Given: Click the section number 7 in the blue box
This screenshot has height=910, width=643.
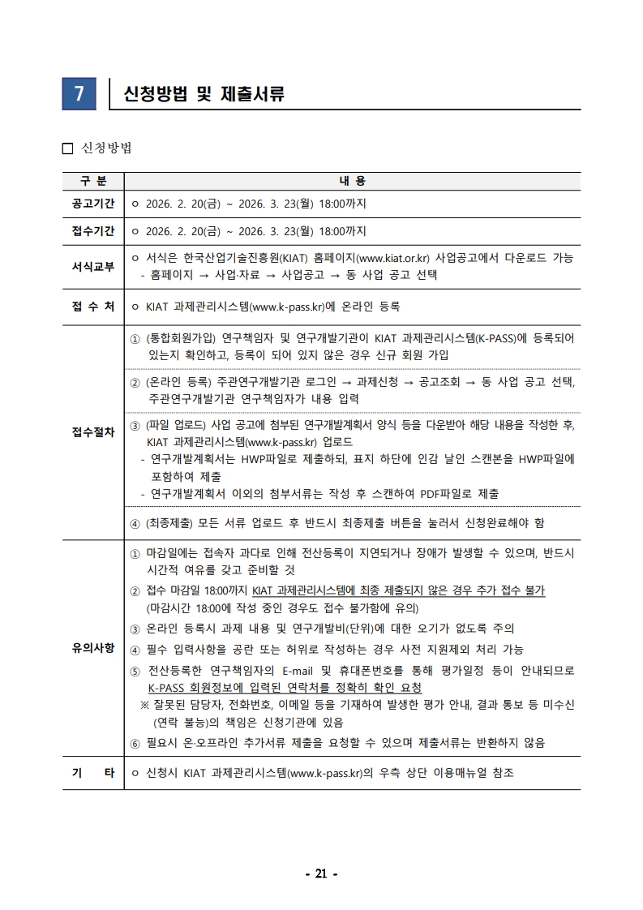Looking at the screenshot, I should click(79, 94).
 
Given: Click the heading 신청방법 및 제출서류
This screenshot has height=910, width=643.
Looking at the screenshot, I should click(203, 94).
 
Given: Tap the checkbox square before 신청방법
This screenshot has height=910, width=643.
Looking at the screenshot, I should click(67, 148).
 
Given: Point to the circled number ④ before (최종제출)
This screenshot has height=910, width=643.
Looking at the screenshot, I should click(135, 523).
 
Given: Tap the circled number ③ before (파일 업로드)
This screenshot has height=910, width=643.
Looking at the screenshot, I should click(135, 424).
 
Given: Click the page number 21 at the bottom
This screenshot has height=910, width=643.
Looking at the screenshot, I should click(320, 874).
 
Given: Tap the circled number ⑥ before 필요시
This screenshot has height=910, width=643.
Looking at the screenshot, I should click(135, 743).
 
